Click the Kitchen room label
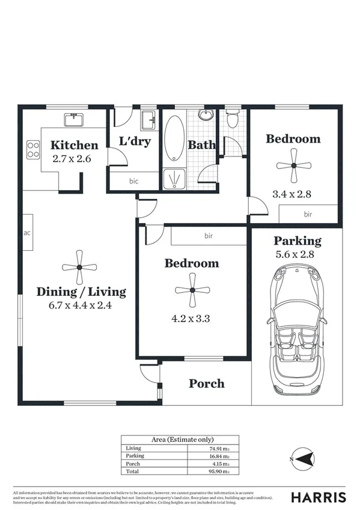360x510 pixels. [74, 145]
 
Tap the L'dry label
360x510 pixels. [135, 142]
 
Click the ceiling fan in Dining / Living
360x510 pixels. [79, 268]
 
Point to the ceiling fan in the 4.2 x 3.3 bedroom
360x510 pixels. [192, 290]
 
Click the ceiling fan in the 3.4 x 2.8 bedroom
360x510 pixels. [293, 165]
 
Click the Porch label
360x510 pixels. [207, 383]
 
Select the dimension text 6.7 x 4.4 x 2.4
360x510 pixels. [81, 305]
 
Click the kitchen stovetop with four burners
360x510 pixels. [33, 149]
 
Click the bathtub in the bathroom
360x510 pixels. [175, 138]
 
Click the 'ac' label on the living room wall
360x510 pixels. [27, 233]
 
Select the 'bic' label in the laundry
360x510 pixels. [133, 180]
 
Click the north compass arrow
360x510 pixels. [304, 458]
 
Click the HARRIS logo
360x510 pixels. [319, 497]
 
